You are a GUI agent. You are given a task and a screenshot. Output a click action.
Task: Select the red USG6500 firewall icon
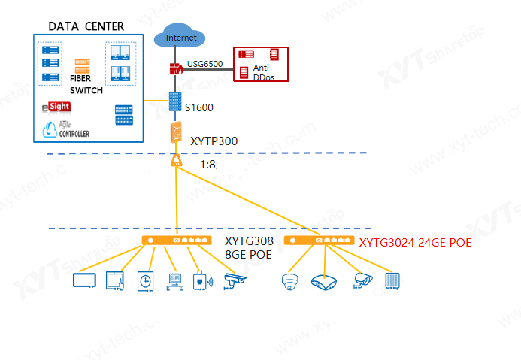click(x=177, y=70)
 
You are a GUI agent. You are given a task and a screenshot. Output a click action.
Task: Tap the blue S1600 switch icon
click(x=176, y=103)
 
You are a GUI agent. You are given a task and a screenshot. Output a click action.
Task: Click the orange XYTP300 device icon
click(x=176, y=133)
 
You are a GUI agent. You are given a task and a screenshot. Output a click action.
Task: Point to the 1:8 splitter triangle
click(x=176, y=161)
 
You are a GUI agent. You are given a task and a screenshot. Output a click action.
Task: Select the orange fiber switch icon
click(x=81, y=65)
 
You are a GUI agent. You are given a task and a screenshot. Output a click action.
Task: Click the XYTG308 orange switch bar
click(x=177, y=241)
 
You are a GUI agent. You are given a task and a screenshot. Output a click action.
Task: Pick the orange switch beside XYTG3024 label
click(x=319, y=241)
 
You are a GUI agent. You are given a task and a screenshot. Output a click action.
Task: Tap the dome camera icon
click(x=290, y=282)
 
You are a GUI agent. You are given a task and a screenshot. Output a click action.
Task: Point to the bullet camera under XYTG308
click(x=235, y=281)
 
